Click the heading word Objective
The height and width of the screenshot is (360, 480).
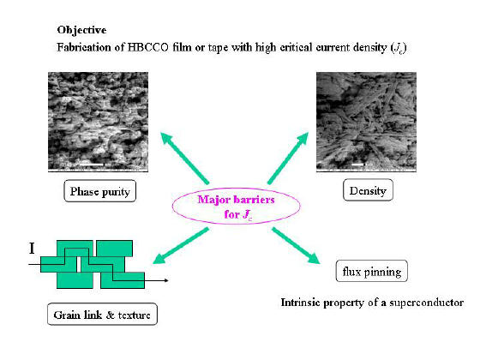tap(81, 30)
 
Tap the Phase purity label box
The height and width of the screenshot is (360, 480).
tap(99, 191)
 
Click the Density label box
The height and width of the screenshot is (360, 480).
tap(368, 190)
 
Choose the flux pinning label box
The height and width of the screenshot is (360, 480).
tap(372, 271)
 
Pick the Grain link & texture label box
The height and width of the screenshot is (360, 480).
tap(102, 314)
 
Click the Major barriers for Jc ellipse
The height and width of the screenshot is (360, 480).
tap(236, 206)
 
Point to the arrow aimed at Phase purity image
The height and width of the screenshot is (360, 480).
tap(185, 158)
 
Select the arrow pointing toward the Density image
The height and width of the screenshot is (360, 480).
tap(288, 159)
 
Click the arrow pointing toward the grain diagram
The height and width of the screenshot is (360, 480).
tap(181, 245)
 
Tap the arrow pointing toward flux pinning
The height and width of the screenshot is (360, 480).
tap(296, 245)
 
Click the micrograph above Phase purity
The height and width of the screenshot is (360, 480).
tap(98, 122)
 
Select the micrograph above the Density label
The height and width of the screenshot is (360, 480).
tap(366, 122)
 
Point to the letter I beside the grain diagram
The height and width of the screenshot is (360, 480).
tap(32, 249)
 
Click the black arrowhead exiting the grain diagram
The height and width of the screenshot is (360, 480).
tap(166, 280)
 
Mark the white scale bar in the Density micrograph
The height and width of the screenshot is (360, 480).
tap(357, 165)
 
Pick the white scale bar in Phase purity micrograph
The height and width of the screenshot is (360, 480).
tap(91, 165)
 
